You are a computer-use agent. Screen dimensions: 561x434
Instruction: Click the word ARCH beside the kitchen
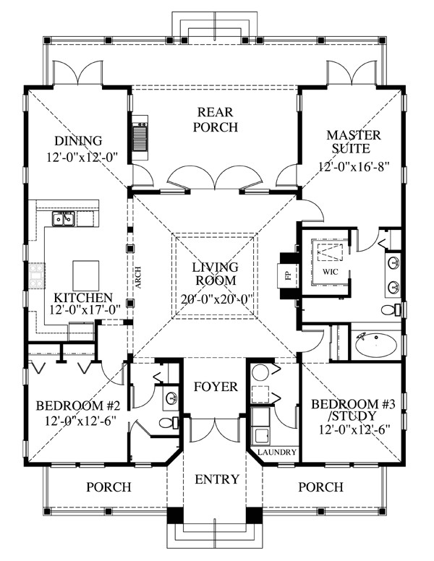click(x=137, y=275)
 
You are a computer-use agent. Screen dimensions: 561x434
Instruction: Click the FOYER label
click(x=215, y=387)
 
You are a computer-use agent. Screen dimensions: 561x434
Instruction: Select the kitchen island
click(x=84, y=274)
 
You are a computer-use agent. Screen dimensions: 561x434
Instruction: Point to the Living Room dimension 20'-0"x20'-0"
click(x=215, y=296)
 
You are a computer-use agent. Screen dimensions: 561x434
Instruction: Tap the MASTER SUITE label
click(x=348, y=142)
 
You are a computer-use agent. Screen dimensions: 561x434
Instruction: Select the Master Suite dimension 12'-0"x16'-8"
click(x=354, y=166)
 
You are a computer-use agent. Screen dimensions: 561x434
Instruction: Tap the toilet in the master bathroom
click(x=390, y=309)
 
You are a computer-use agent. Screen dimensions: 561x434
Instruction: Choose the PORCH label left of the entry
click(x=109, y=487)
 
